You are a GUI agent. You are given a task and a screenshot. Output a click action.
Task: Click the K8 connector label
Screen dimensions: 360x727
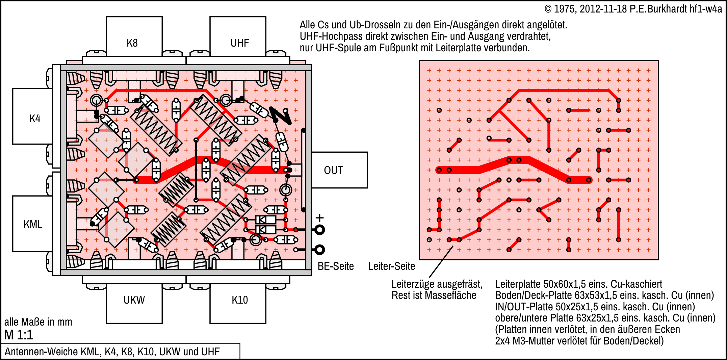click(x=132, y=43)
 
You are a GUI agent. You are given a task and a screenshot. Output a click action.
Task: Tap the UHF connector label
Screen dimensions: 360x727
click(x=239, y=43)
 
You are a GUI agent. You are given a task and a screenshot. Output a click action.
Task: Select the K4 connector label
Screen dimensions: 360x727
click(x=35, y=119)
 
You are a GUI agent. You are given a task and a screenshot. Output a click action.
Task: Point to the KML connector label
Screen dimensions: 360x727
click(x=33, y=224)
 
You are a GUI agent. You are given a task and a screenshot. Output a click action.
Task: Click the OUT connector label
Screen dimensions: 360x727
click(x=333, y=170)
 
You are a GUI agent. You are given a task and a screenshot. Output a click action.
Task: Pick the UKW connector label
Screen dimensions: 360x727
click(x=134, y=300)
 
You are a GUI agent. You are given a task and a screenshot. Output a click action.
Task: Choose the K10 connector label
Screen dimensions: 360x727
click(x=239, y=300)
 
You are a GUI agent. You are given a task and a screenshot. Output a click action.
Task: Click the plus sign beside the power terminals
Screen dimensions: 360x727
click(x=319, y=218)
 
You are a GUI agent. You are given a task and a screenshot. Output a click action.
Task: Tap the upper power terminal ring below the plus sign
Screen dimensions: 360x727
click(x=319, y=230)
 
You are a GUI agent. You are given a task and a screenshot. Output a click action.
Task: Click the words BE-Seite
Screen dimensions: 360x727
click(x=336, y=266)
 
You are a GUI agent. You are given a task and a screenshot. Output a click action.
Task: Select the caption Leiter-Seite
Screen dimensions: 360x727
click(x=391, y=266)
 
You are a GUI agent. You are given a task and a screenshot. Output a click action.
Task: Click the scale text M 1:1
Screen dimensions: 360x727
click(x=19, y=335)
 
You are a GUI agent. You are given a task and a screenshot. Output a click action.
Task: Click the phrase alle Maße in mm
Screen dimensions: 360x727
click(x=38, y=322)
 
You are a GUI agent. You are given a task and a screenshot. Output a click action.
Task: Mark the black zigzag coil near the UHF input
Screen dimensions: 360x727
click(x=281, y=116)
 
